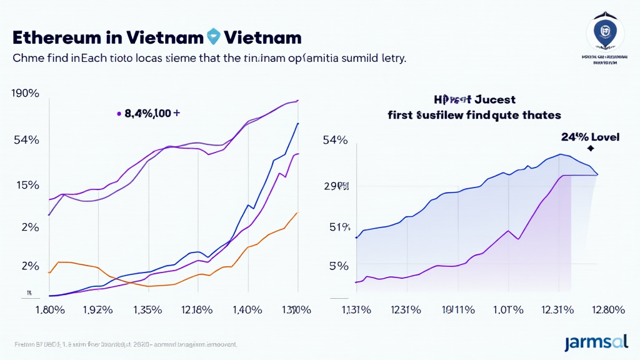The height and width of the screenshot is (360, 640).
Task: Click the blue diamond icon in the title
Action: pyautogui.click(x=214, y=36)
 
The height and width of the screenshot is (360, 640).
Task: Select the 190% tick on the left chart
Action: pyautogui.click(x=26, y=94)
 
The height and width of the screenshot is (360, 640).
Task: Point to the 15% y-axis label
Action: pyautogui.click(x=26, y=186)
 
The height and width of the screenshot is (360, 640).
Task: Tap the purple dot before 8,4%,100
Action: pyautogui.click(x=119, y=114)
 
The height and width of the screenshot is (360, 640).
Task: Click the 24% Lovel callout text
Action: pyautogui.click(x=591, y=137)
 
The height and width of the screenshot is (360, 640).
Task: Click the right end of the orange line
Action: pyautogui.click(x=297, y=212)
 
